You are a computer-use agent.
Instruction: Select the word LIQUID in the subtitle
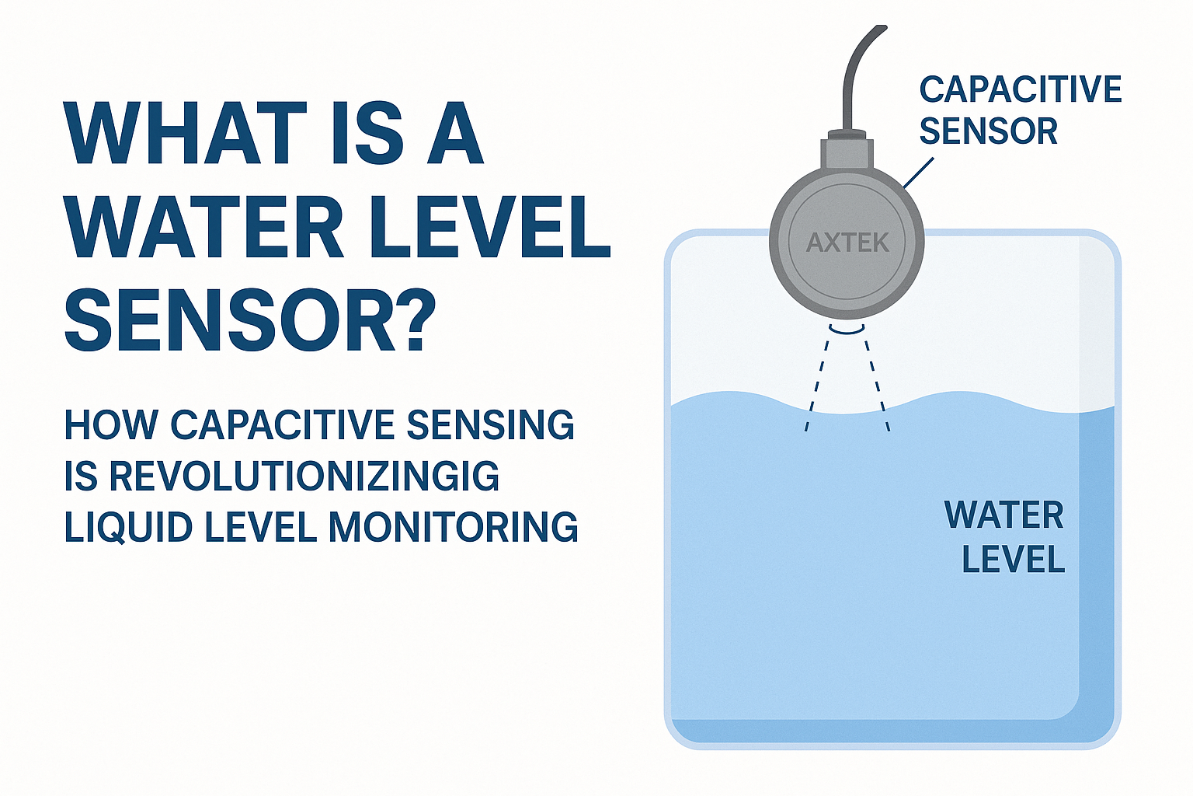[x=128, y=527]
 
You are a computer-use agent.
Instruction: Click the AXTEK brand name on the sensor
[x=847, y=243]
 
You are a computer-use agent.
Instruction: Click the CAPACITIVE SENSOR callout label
[x=1020, y=110]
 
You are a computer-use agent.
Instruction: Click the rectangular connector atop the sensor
[x=847, y=152]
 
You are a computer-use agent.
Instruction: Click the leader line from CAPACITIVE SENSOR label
[x=918, y=173]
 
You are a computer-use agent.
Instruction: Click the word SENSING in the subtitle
[x=490, y=425]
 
